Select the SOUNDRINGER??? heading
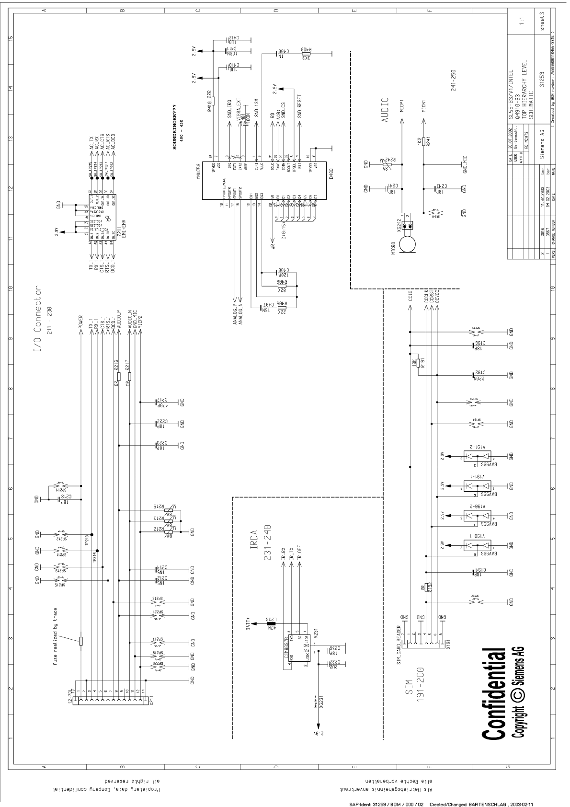coord(176,127)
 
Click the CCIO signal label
coord(410,298)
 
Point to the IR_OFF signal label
coord(299,555)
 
